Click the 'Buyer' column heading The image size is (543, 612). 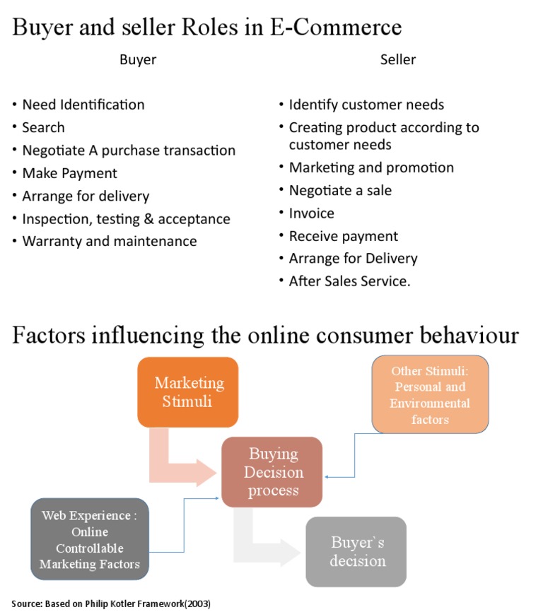tap(138, 60)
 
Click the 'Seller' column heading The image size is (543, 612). tap(398, 60)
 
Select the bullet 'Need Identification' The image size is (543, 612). tap(83, 105)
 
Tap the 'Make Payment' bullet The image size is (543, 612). tap(69, 173)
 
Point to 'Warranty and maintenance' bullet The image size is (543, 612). tap(110, 241)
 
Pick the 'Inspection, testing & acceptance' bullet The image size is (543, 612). tap(126, 218)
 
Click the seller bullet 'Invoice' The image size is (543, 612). tap(311, 213)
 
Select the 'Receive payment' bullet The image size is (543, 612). tap(343, 236)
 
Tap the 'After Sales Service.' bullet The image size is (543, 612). tap(349, 281)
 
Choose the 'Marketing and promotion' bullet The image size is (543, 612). tap(371, 167)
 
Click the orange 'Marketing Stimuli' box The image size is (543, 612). tap(188, 392)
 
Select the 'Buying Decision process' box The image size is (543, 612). tap(272, 472)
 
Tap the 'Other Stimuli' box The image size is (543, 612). tap(430, 394)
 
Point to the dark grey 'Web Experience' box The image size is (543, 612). tap(89, 539)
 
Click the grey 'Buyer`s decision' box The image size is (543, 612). tap(357, 552)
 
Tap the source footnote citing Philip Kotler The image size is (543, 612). tap(111, 604)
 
